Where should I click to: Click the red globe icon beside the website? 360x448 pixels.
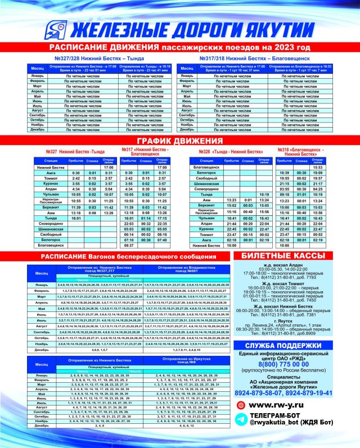242,405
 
